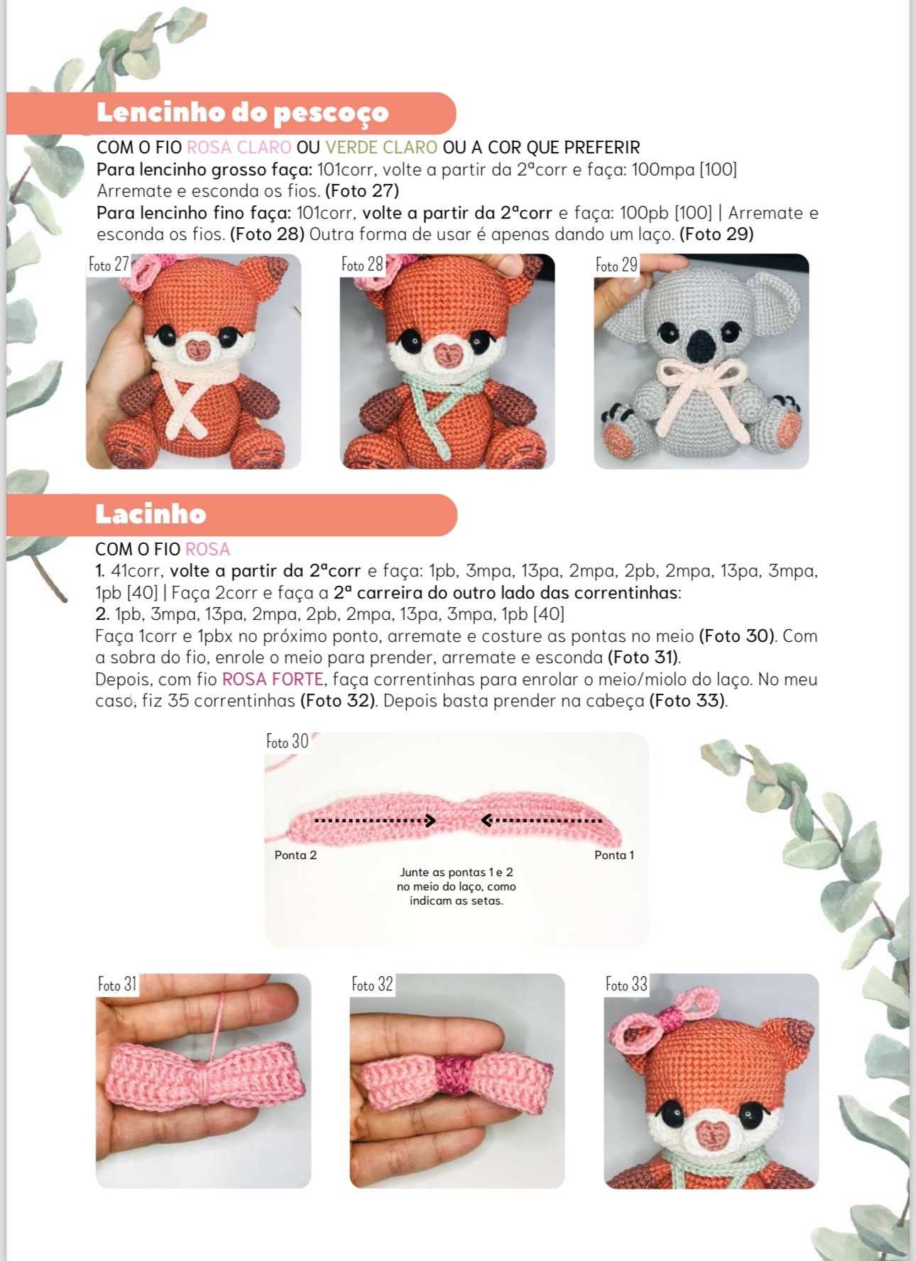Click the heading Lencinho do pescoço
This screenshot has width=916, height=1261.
point(242,112)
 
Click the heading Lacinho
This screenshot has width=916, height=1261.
point(151,513)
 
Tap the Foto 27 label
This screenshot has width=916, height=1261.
point(109,265)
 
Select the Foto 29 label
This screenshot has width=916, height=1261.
point(616,266)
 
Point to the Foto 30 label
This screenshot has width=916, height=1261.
point(287,741)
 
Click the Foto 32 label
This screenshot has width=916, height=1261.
point(372,984)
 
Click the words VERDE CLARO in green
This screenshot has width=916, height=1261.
point(381,148)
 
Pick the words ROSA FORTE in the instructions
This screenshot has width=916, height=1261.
point(273,679)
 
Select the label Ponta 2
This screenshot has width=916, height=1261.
point(295,855)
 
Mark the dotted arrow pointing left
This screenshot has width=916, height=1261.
point(541,821)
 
